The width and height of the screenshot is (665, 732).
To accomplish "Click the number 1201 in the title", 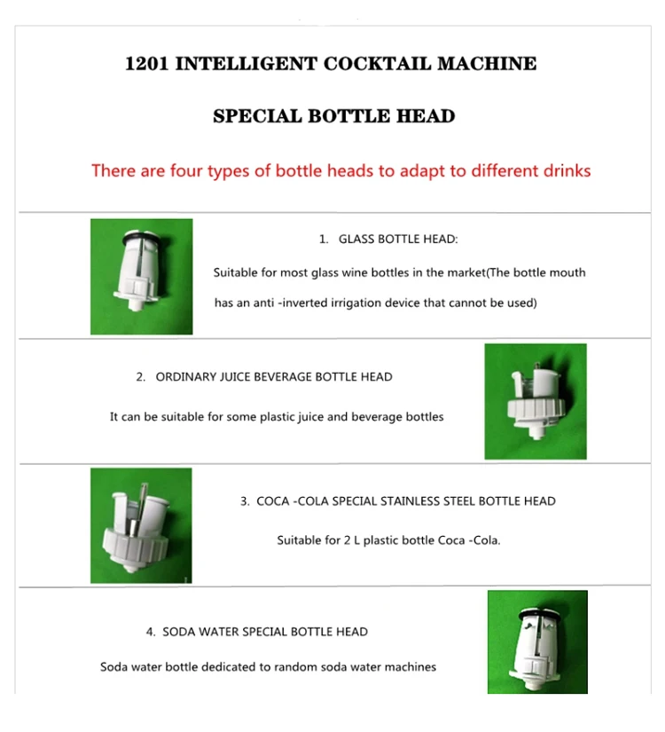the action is click(x=146, y=64).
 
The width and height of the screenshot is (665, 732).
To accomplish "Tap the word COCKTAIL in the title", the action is click(x=377, y=64).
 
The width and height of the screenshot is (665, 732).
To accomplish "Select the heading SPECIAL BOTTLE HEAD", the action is click(x=333, y=115).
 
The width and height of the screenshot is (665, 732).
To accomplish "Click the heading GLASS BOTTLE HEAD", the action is click(x=398, y=239).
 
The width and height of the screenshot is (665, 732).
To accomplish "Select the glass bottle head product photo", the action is click(x=141, y=276).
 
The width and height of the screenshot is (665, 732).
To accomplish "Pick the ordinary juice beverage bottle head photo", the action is click(x=536, y=401).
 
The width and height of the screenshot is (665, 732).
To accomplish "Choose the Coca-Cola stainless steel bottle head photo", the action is click(x=141, y=525).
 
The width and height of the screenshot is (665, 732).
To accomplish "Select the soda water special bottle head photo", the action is click(x=537, y=641).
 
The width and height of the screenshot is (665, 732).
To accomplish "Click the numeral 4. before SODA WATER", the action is click(x=151, y=632).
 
